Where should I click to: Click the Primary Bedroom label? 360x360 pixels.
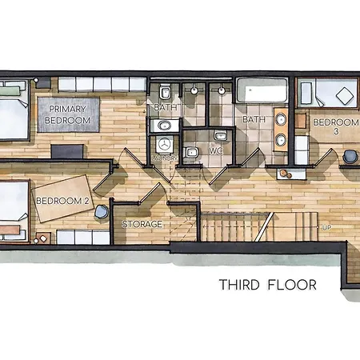click(67, 114)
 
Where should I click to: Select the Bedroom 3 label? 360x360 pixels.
click(330, 126)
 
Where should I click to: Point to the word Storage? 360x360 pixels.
click(142, 224)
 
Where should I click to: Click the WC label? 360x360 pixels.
click(216, 150)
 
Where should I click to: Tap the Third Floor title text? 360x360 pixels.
click(268, 285)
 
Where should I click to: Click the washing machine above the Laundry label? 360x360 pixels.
click(166, 144)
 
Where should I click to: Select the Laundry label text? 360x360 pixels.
click(165, 158)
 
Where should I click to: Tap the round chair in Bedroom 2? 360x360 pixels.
click(101, 212)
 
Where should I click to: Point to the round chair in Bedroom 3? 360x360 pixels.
click(352, 156)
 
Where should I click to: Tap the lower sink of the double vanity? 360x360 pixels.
click(280, 142)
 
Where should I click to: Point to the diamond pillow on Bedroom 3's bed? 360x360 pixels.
click(346, 96)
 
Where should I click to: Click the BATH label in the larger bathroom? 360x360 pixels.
click(254, 120)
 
